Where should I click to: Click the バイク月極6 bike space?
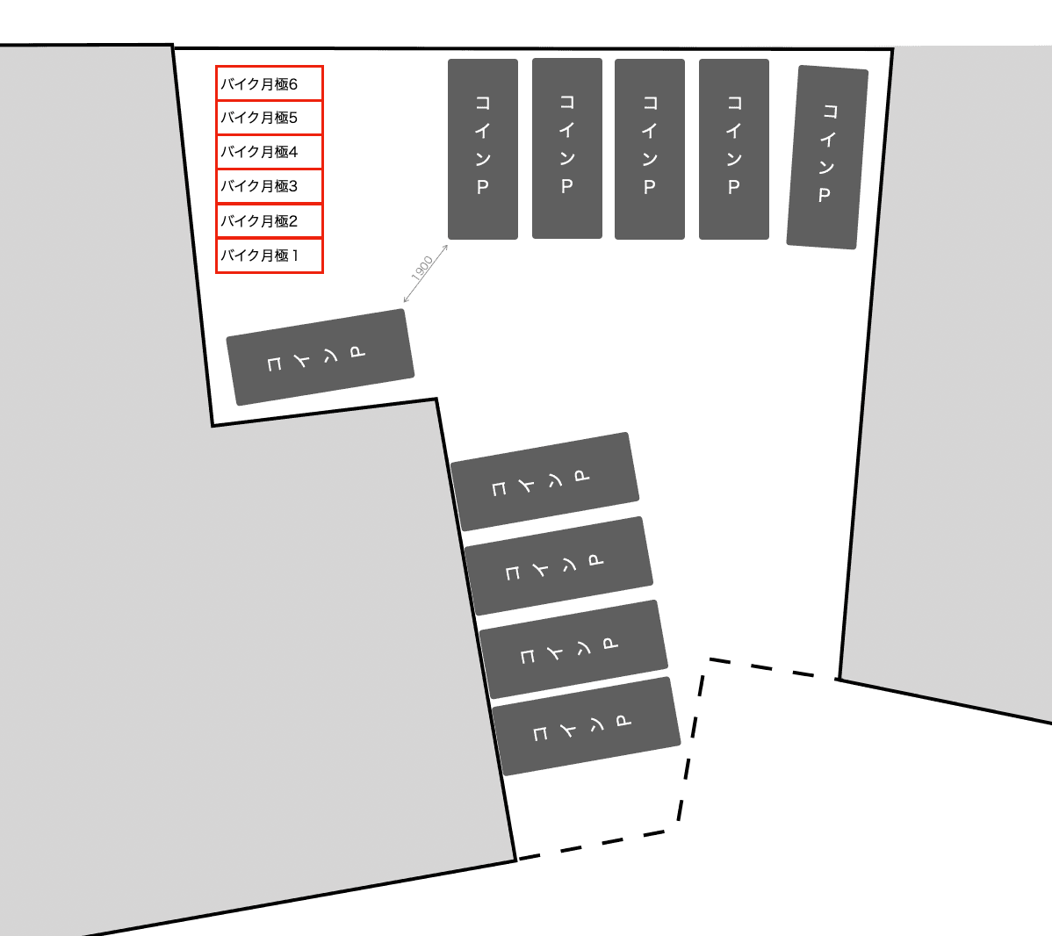point(270,84)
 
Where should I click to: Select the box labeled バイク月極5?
point(270,118)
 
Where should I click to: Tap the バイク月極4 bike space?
point(270,152)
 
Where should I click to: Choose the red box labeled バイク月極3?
point(270,186)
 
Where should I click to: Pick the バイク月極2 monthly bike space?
point(270,220)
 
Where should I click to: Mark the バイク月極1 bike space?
point(270,256)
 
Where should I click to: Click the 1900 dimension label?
point(422,268)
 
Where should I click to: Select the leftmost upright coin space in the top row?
point(483,149)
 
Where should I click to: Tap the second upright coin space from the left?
point(567,148)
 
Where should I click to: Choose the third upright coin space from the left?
point(650,149)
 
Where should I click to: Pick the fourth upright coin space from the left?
point(734,149)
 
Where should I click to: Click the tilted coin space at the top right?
point(827,157)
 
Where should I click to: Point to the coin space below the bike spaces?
point(321,357)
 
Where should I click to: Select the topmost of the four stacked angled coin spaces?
point(544,482)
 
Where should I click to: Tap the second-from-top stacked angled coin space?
point(558,566)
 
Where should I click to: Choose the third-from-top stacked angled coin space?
point(573,650)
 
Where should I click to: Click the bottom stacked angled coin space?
point(587,726)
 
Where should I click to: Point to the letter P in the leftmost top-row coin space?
point(483,187)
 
